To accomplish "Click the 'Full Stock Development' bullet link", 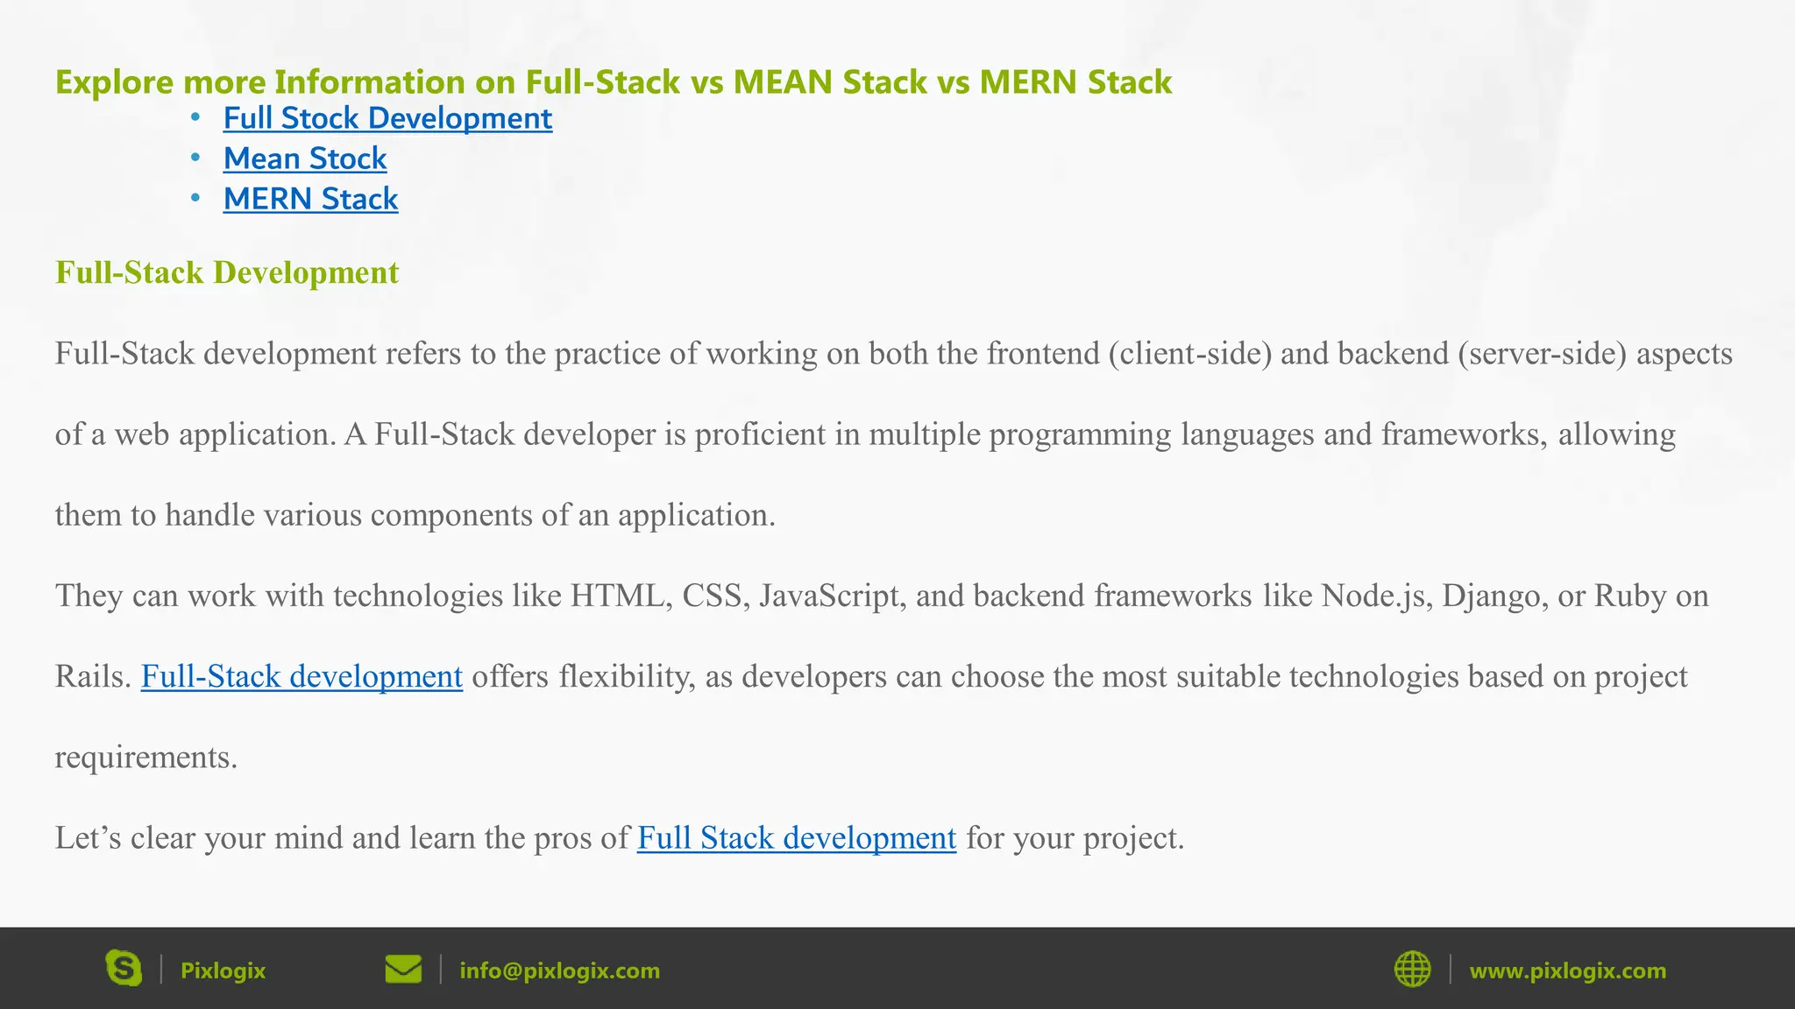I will (x=387, y=118).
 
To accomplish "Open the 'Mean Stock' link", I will (x=304, y=159).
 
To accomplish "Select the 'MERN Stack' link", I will (x=310, y=199).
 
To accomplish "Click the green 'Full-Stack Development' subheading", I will (x=227, y=272).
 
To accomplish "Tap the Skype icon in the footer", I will (x=124, y=969).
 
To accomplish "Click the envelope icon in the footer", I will (x=403, y=969).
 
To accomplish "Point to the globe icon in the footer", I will (x=1412, y=969).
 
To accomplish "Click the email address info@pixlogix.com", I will (x=559, y=970).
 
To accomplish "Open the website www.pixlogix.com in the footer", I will (x=1567, y=970).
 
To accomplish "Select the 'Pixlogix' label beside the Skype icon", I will (x=223, y=970).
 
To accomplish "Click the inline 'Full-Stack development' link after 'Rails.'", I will (x=302, y=676).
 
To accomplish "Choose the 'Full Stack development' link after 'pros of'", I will (x=796, y=838).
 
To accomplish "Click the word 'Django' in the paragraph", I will (x=1480, y=596).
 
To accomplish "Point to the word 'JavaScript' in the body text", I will (x=832, y=596).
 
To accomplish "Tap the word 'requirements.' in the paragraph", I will (x=146, y=758).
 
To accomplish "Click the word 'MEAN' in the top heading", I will (x=783, y=81).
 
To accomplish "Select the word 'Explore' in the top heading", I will (x=115, y=82).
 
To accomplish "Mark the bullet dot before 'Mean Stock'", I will (x=195, y=158).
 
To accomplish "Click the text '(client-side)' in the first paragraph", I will (x=1189, y=354).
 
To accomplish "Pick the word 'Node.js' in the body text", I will (x=1376, y=596).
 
